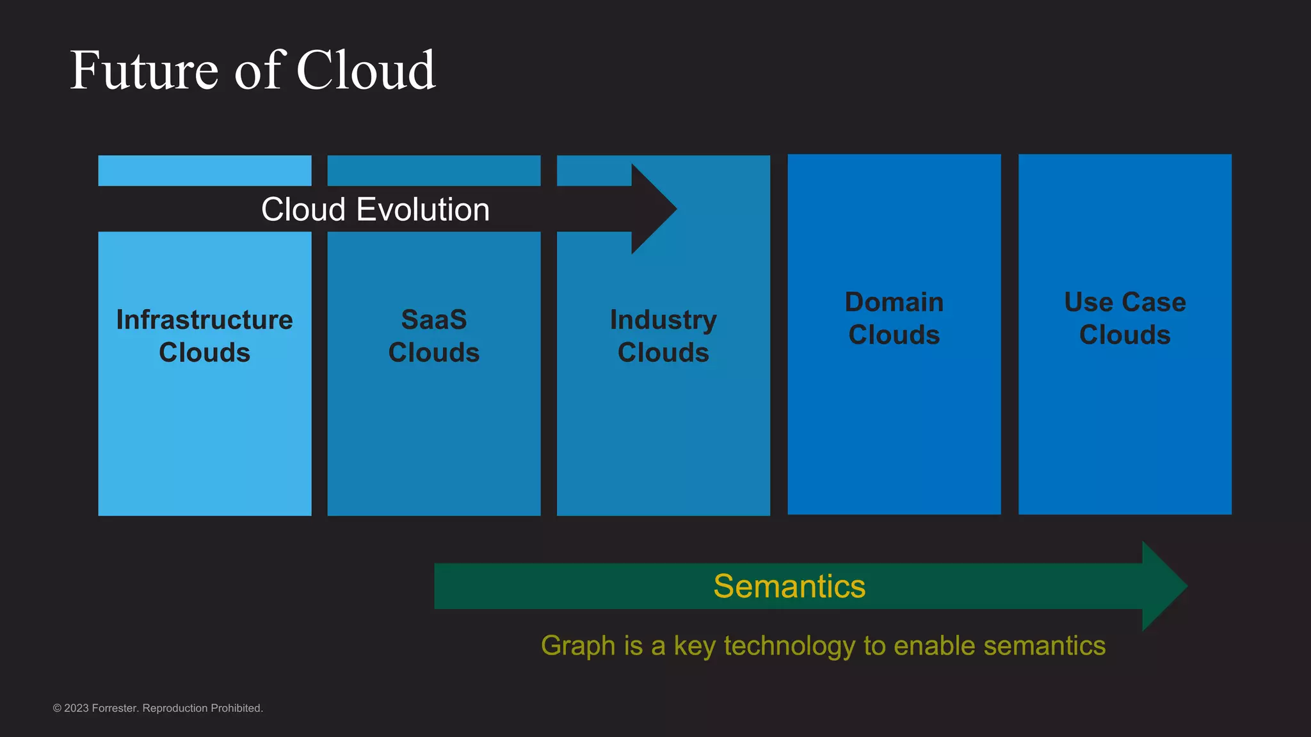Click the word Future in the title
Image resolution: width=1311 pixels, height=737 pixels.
[144, 70]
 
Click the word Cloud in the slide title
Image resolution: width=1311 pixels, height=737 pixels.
[366, 70]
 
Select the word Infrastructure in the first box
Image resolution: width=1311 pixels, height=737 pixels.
[204, 320]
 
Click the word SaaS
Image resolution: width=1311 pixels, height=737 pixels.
[434, 320]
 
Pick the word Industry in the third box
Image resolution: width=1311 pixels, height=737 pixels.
[663, 320]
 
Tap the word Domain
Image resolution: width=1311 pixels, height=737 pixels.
[894, 302]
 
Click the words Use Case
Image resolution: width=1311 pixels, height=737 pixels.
[1125, 302]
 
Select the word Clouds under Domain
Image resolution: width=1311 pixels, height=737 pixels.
[894, 335]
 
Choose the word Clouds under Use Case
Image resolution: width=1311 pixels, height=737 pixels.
[1125, 335]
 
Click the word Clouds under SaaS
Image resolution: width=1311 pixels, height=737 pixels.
[434, 353]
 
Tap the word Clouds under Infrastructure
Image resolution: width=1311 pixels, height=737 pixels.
[204, 353]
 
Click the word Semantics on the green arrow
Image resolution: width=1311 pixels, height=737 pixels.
[789, 586]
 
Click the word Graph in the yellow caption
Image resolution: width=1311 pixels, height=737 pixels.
[578, 646]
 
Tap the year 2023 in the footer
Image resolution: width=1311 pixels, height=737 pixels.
[76, 708]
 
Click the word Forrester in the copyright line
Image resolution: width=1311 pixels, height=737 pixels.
[115, 708]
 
